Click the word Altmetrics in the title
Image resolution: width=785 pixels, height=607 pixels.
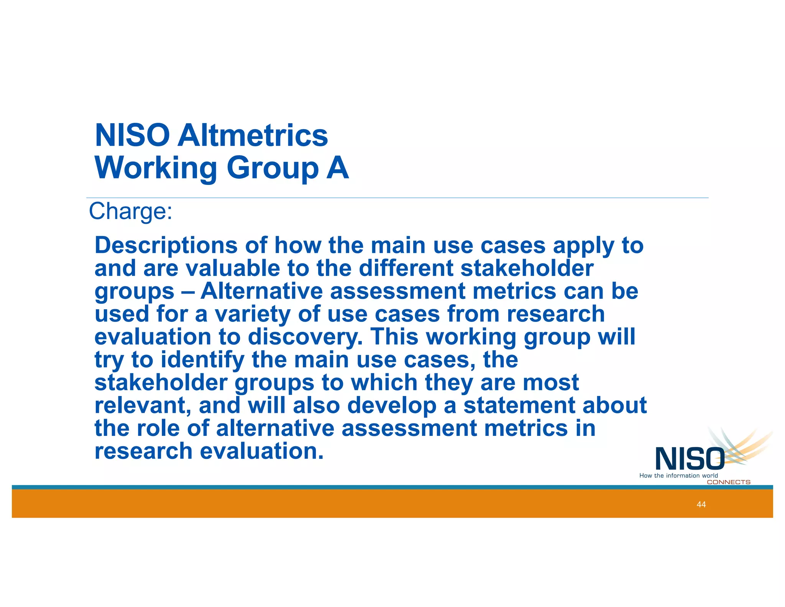pos(252,135)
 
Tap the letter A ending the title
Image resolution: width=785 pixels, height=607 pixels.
pos(338,168)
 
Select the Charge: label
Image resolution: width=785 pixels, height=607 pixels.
pos(131,211)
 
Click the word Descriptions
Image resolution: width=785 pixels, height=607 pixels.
pos(166,246)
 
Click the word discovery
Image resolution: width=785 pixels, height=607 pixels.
pos(305,337)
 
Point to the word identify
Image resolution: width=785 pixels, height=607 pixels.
pos(202,360)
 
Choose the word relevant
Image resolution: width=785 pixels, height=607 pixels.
pos(143,406)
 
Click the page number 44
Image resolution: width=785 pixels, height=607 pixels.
pos(701,504)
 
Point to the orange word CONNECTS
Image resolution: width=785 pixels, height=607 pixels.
pos(728,482)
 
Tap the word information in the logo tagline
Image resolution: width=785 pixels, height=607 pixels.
pos(683,475)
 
